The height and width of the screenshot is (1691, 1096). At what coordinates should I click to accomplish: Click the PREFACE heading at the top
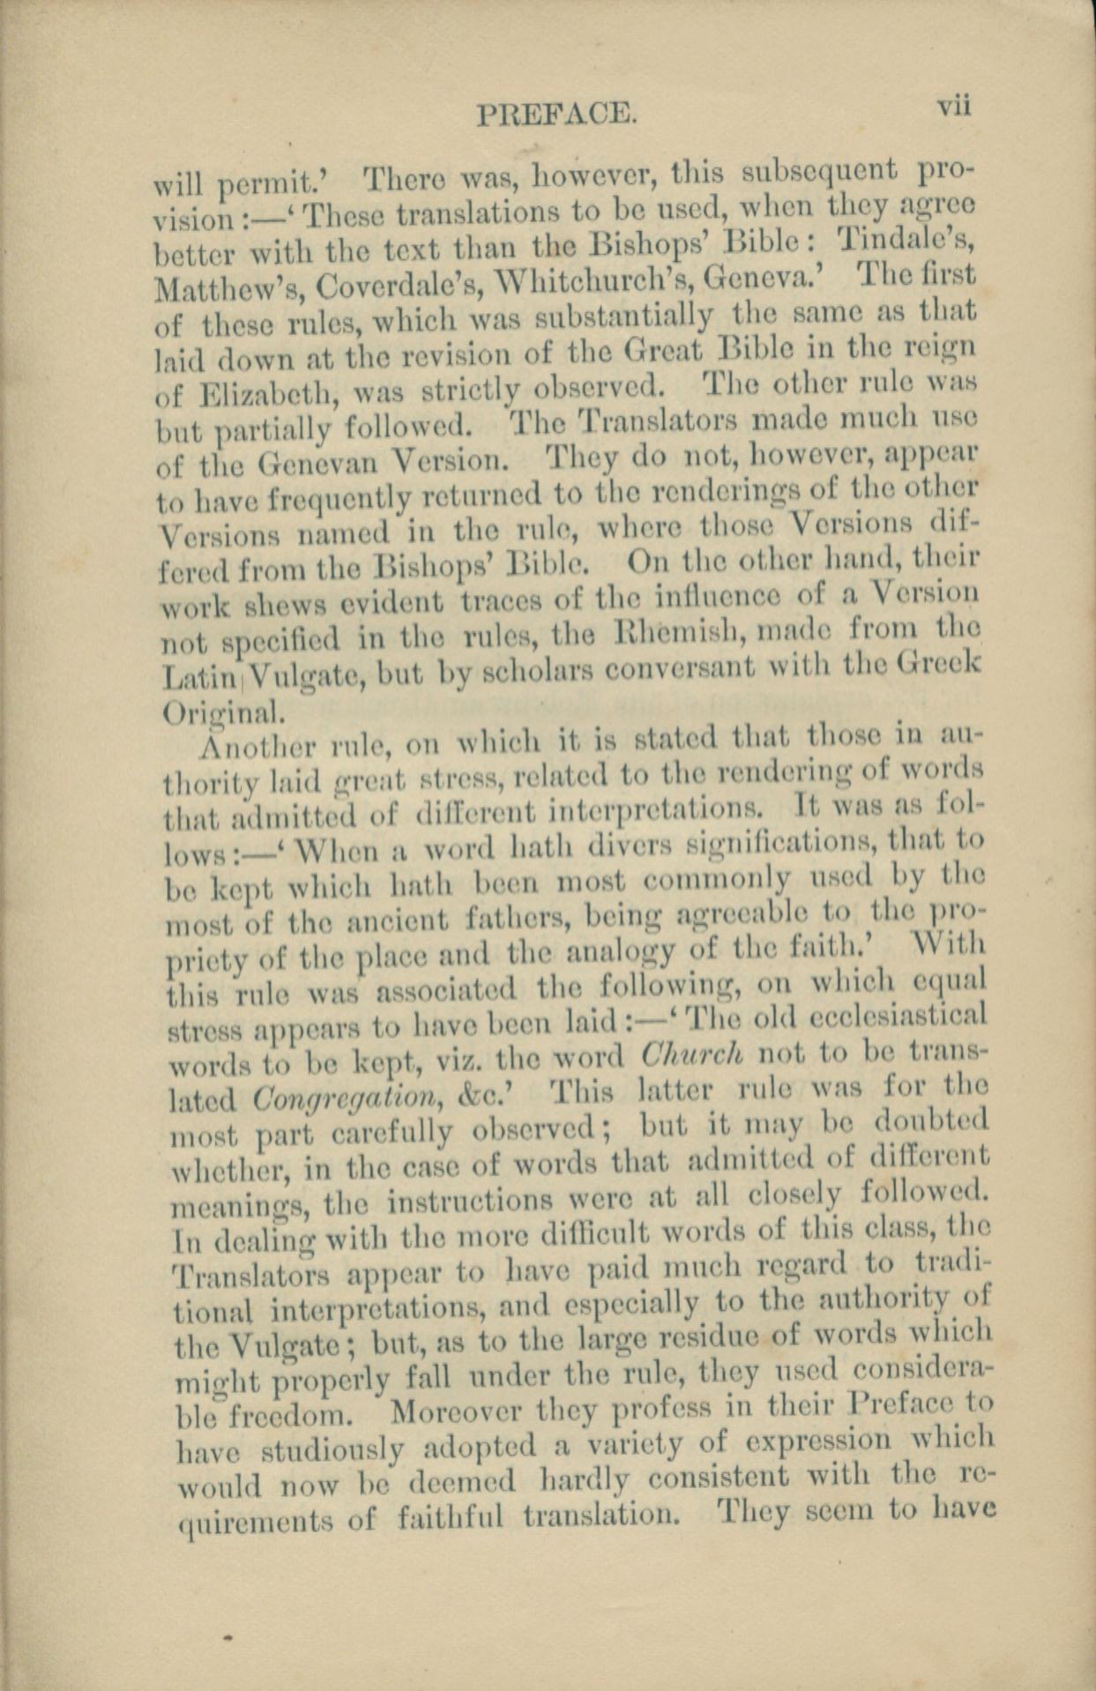pos(555,115)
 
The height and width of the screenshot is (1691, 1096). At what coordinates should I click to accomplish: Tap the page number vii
pos(953,106)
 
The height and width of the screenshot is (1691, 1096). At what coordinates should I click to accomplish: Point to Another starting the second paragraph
pos(250,746)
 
